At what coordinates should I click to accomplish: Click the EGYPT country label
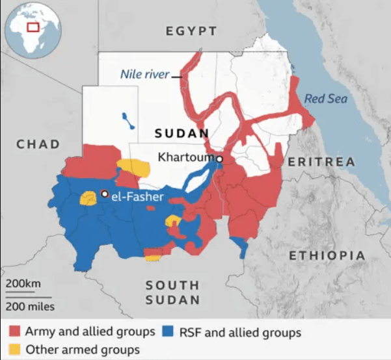click(191, 31)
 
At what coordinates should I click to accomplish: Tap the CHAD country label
click(38, 144)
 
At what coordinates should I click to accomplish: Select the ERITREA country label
click(321, 161)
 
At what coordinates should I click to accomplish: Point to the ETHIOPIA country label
click(327, 255)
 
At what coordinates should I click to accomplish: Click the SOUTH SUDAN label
click(172, 292)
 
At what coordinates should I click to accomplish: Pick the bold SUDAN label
click(182, 133)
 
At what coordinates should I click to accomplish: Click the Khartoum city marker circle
click(220, 159)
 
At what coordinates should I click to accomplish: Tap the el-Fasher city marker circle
click(104, 193)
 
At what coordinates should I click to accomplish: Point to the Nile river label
click(144, 74)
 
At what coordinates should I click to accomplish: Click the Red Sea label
click(326, 99)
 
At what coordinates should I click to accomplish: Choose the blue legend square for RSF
click(170, 332)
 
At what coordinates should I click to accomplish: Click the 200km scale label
click(23, 284)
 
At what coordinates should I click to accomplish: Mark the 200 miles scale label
click(31, 306)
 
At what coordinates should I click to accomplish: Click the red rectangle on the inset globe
click(33, 27)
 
